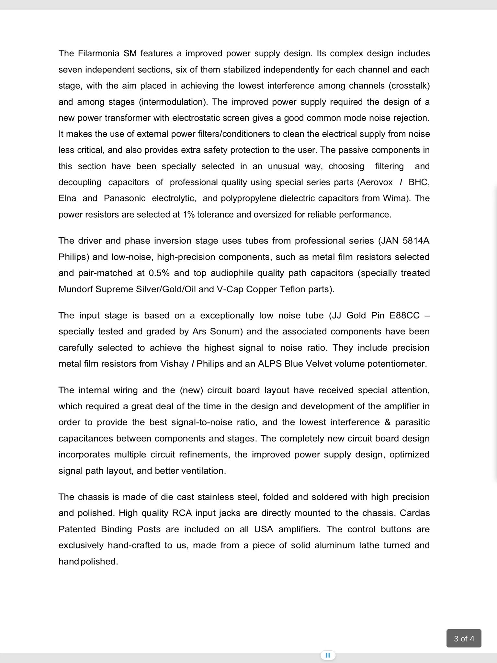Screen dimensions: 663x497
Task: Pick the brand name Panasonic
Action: pyautogui.click(x=125, y=198)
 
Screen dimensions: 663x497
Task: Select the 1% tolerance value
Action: pyautogui.click(x=188, y=215)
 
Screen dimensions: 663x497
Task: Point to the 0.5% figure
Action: pyautogui.click(x=159, y=273)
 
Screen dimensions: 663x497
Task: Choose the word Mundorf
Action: pyautogui.click(x=75, y=289)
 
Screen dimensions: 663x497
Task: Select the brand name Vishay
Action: pyautogui.click(x=175, y=364)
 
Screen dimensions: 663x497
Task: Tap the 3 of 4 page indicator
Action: pyautogui.click(x=464, y=638)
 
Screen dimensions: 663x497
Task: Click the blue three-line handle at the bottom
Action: pyautogui.click(x=328, y=655)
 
